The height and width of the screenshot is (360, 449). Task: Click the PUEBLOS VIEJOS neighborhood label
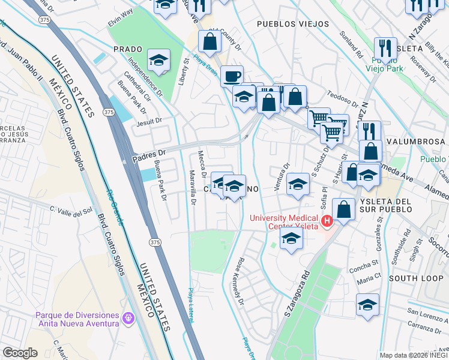[292, 24]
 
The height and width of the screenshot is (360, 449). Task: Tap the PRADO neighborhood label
[127, 49]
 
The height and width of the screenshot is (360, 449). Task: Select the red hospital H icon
[327, 221]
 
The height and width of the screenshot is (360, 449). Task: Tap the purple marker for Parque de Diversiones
[127, 318]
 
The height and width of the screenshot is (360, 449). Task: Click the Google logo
[20, 353]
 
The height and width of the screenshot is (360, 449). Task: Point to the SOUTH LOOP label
[415, 278]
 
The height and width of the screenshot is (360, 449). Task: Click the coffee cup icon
[232, 76]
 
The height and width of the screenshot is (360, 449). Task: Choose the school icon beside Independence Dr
[159, 60]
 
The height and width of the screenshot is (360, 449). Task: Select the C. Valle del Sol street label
[71, 210]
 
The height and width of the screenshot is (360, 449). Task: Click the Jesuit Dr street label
[149, 121]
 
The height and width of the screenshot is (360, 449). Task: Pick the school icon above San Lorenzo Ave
[367, 304]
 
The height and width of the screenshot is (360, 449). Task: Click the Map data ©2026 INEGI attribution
[413, 355]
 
